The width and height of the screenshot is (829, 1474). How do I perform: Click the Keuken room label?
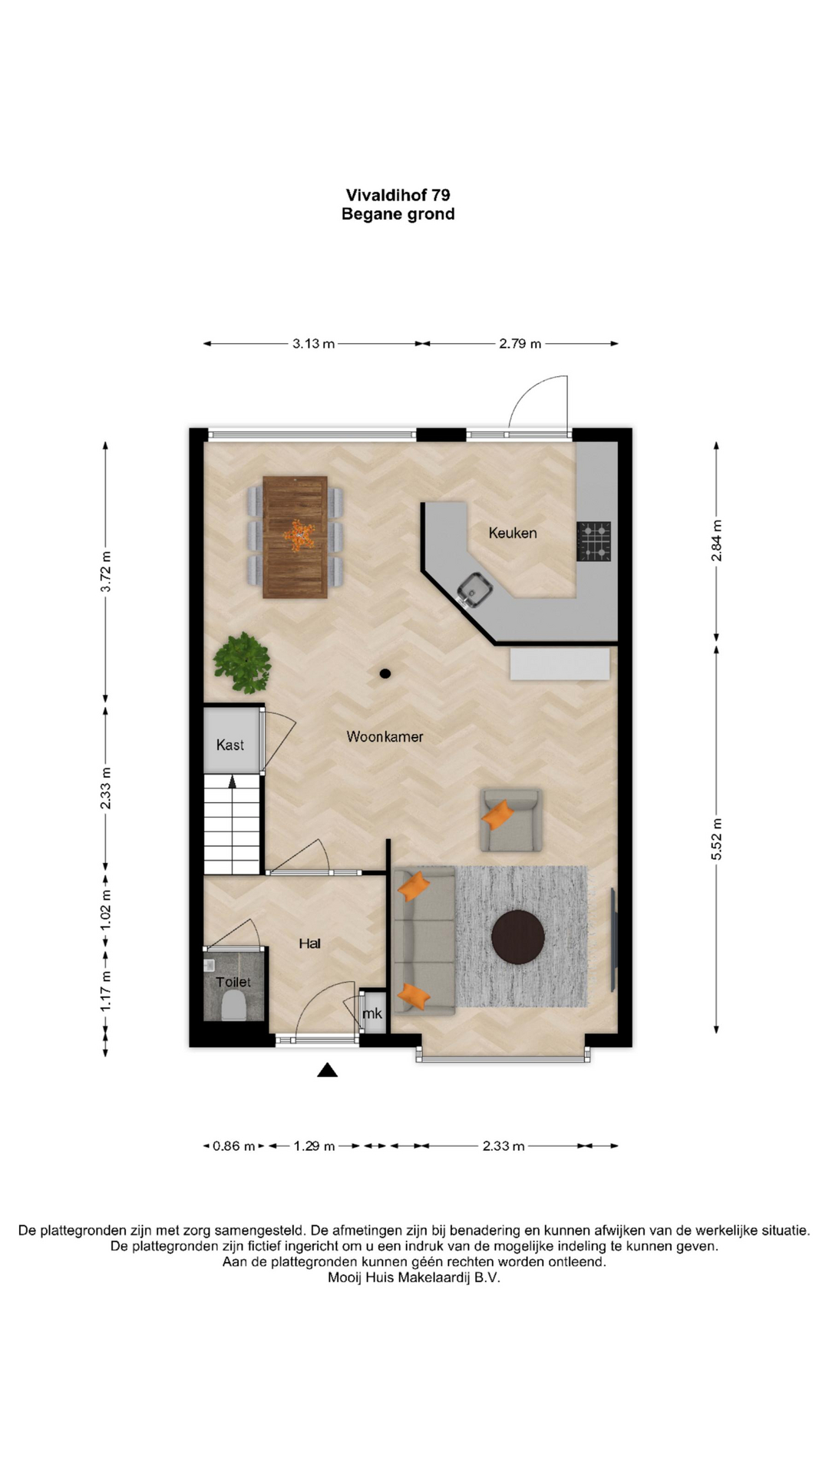pyautogui.click(x=513, y=533)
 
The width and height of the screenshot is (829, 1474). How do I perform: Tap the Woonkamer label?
pyautogui.click(x=385, y=736)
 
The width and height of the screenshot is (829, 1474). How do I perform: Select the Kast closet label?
pyautogui.click(x=230, y=745)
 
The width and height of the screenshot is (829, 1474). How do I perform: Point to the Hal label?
pyautogui.click(x=309, y=944)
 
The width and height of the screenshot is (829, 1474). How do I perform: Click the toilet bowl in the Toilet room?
pyautogui.click(x=233, y=1005)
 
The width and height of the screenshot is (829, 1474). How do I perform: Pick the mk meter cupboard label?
pyautogui.click(x=372, y=1013)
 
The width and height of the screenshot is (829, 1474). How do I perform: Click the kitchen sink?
pyautogui.click(x=475, y=590)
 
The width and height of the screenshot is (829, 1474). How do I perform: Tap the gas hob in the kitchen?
pyautogui.click(x=593, y=541)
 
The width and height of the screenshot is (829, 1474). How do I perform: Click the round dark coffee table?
pyautogui.click(x=518, y=937)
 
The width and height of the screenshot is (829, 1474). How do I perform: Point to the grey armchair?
pyautogui.click(x=510, y=820)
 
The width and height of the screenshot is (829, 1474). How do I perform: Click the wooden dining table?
pyautogui.click(x=295, y=537)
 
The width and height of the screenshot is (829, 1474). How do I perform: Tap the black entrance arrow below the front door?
pyautogui.click(x=328, y=1069)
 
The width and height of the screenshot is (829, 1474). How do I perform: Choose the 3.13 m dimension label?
pyautogui.click(x=313, y=344)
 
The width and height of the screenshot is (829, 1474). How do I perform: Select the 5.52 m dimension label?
pyautogui.click(x=716, y=838)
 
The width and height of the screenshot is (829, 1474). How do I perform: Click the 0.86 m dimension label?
pyautogui.click(x=234, y=1146)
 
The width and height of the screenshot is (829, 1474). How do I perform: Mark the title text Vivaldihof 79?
pyautogui.click(x=398, y=195)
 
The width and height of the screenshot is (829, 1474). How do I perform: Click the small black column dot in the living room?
pyautogui.click(x=385, y=673)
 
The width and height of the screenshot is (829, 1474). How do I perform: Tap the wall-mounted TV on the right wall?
pyautogui.click(x=613, y=940)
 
